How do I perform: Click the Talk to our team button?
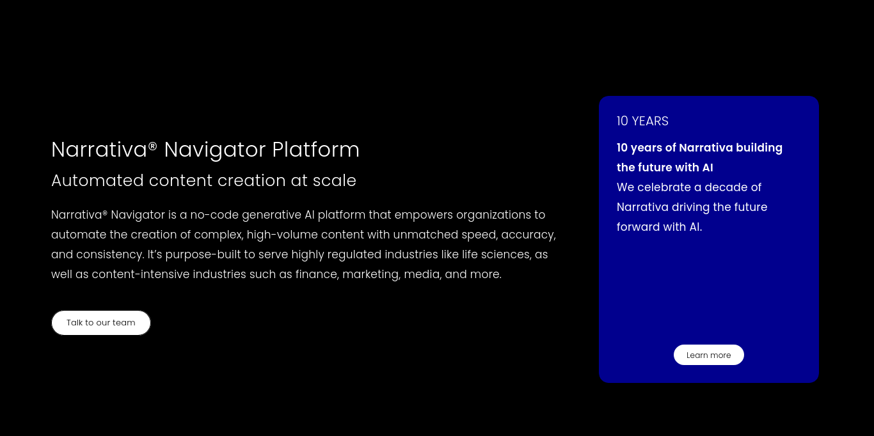click(x=100, y=323)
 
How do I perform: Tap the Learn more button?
click(x=708, y=355)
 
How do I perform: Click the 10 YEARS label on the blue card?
click(x=642, y=121)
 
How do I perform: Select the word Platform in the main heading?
click(x=315, y=150)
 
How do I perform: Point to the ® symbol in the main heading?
click(x=152, y=146)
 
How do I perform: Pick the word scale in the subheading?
click(x=335, y=180)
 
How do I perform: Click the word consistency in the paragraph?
click(x=109, y=254)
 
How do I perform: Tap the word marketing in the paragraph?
click(x=371, y=274)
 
